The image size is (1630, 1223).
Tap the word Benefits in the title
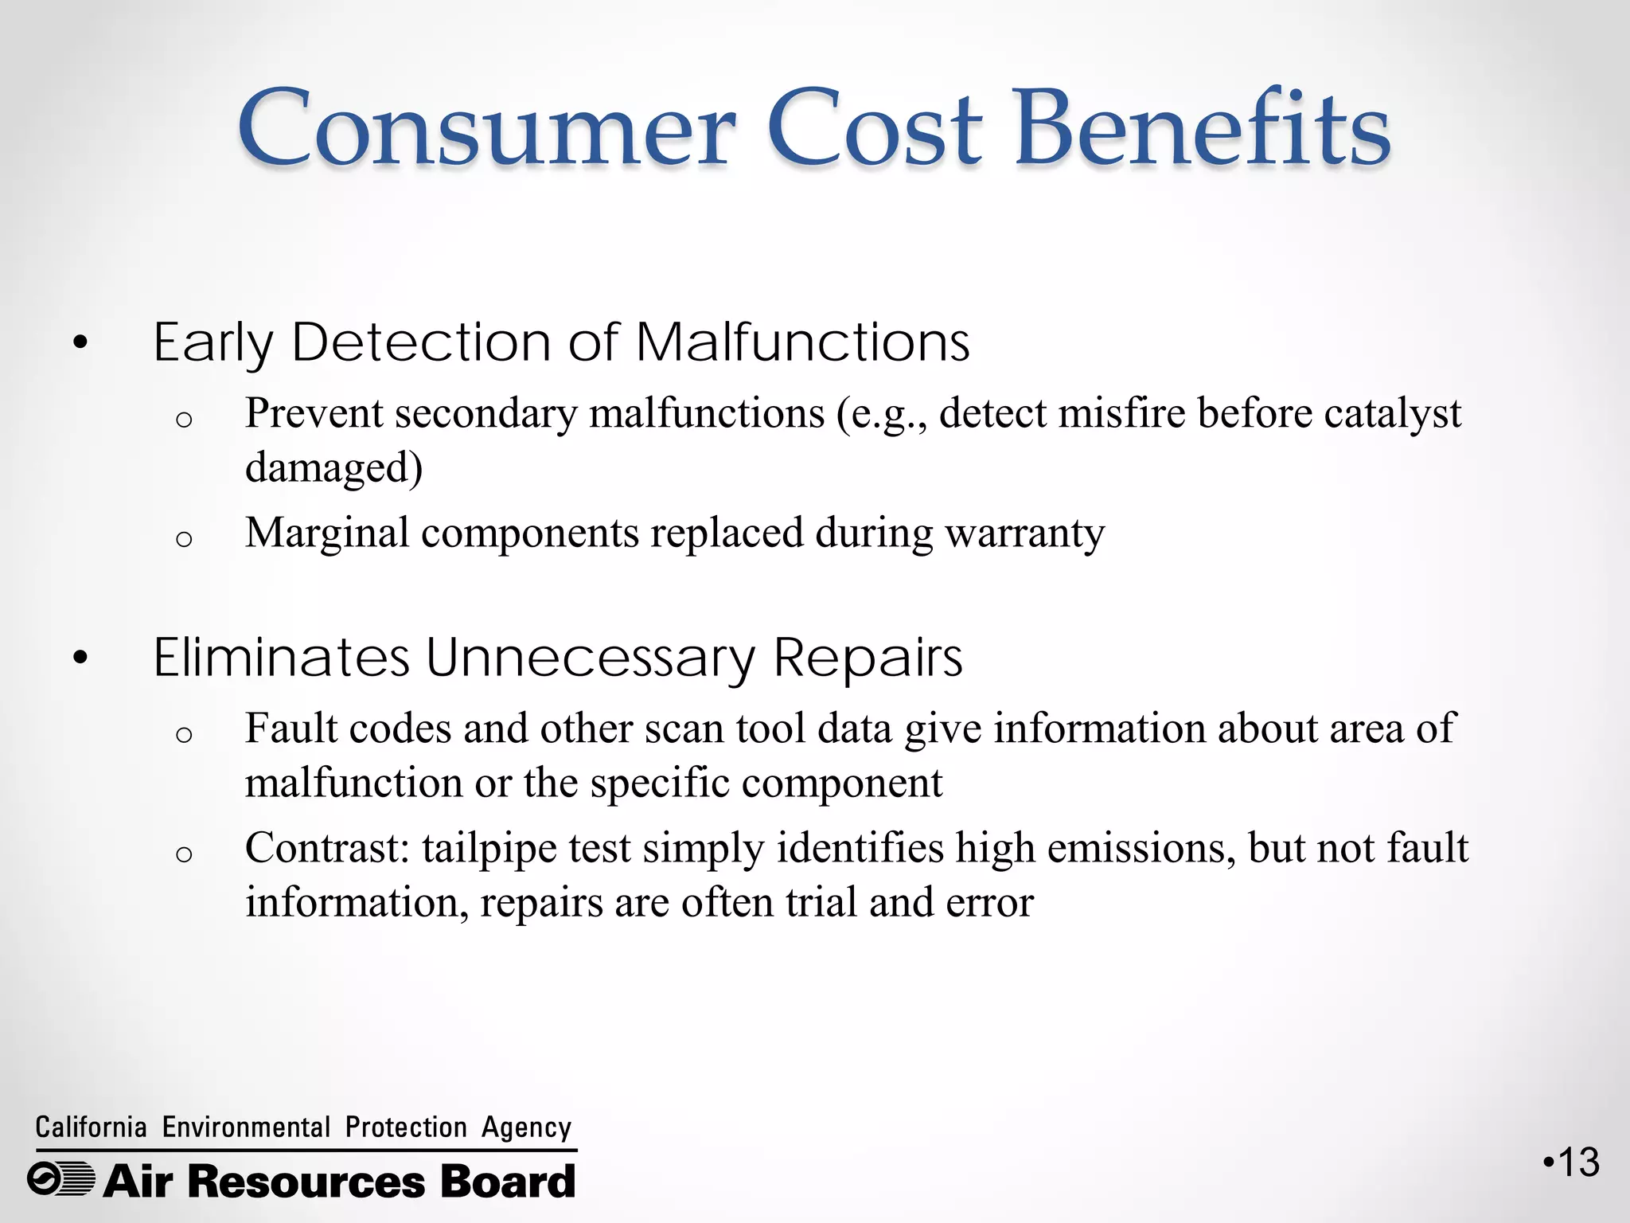pos(1202,129)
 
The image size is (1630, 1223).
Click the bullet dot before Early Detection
pos(80,344)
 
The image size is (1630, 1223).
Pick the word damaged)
pos(333,467)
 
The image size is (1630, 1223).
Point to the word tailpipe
pos(489,849)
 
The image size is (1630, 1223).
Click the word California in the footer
pos(91,1127)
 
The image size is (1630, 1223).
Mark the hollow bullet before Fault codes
pos(184,734)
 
